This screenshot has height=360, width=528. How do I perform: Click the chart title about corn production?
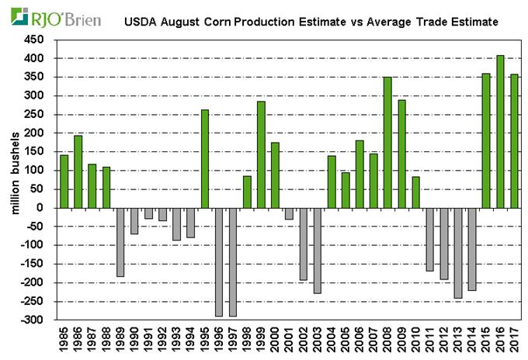pyautogui.click(x=311, y=23)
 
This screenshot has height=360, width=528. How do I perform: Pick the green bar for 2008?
pyautogui.click(x=387, y=143)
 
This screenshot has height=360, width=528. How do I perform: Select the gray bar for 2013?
pyautogui.click(x=457, y=253)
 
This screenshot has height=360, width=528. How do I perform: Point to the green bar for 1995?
pyautogui.click(x=205, y=159)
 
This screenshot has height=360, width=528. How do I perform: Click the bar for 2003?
pyautogui.click(x=317, y=250)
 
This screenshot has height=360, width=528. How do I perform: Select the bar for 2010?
pyautogui.click(x=415, y=192)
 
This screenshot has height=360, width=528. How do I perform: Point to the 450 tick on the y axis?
pyautogui.click(x=36, y=40)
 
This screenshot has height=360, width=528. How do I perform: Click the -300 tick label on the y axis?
pyautogui.click(x=35, y=320)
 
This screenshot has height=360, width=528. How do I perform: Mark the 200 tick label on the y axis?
pyautogui.click(x=36, y=133)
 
